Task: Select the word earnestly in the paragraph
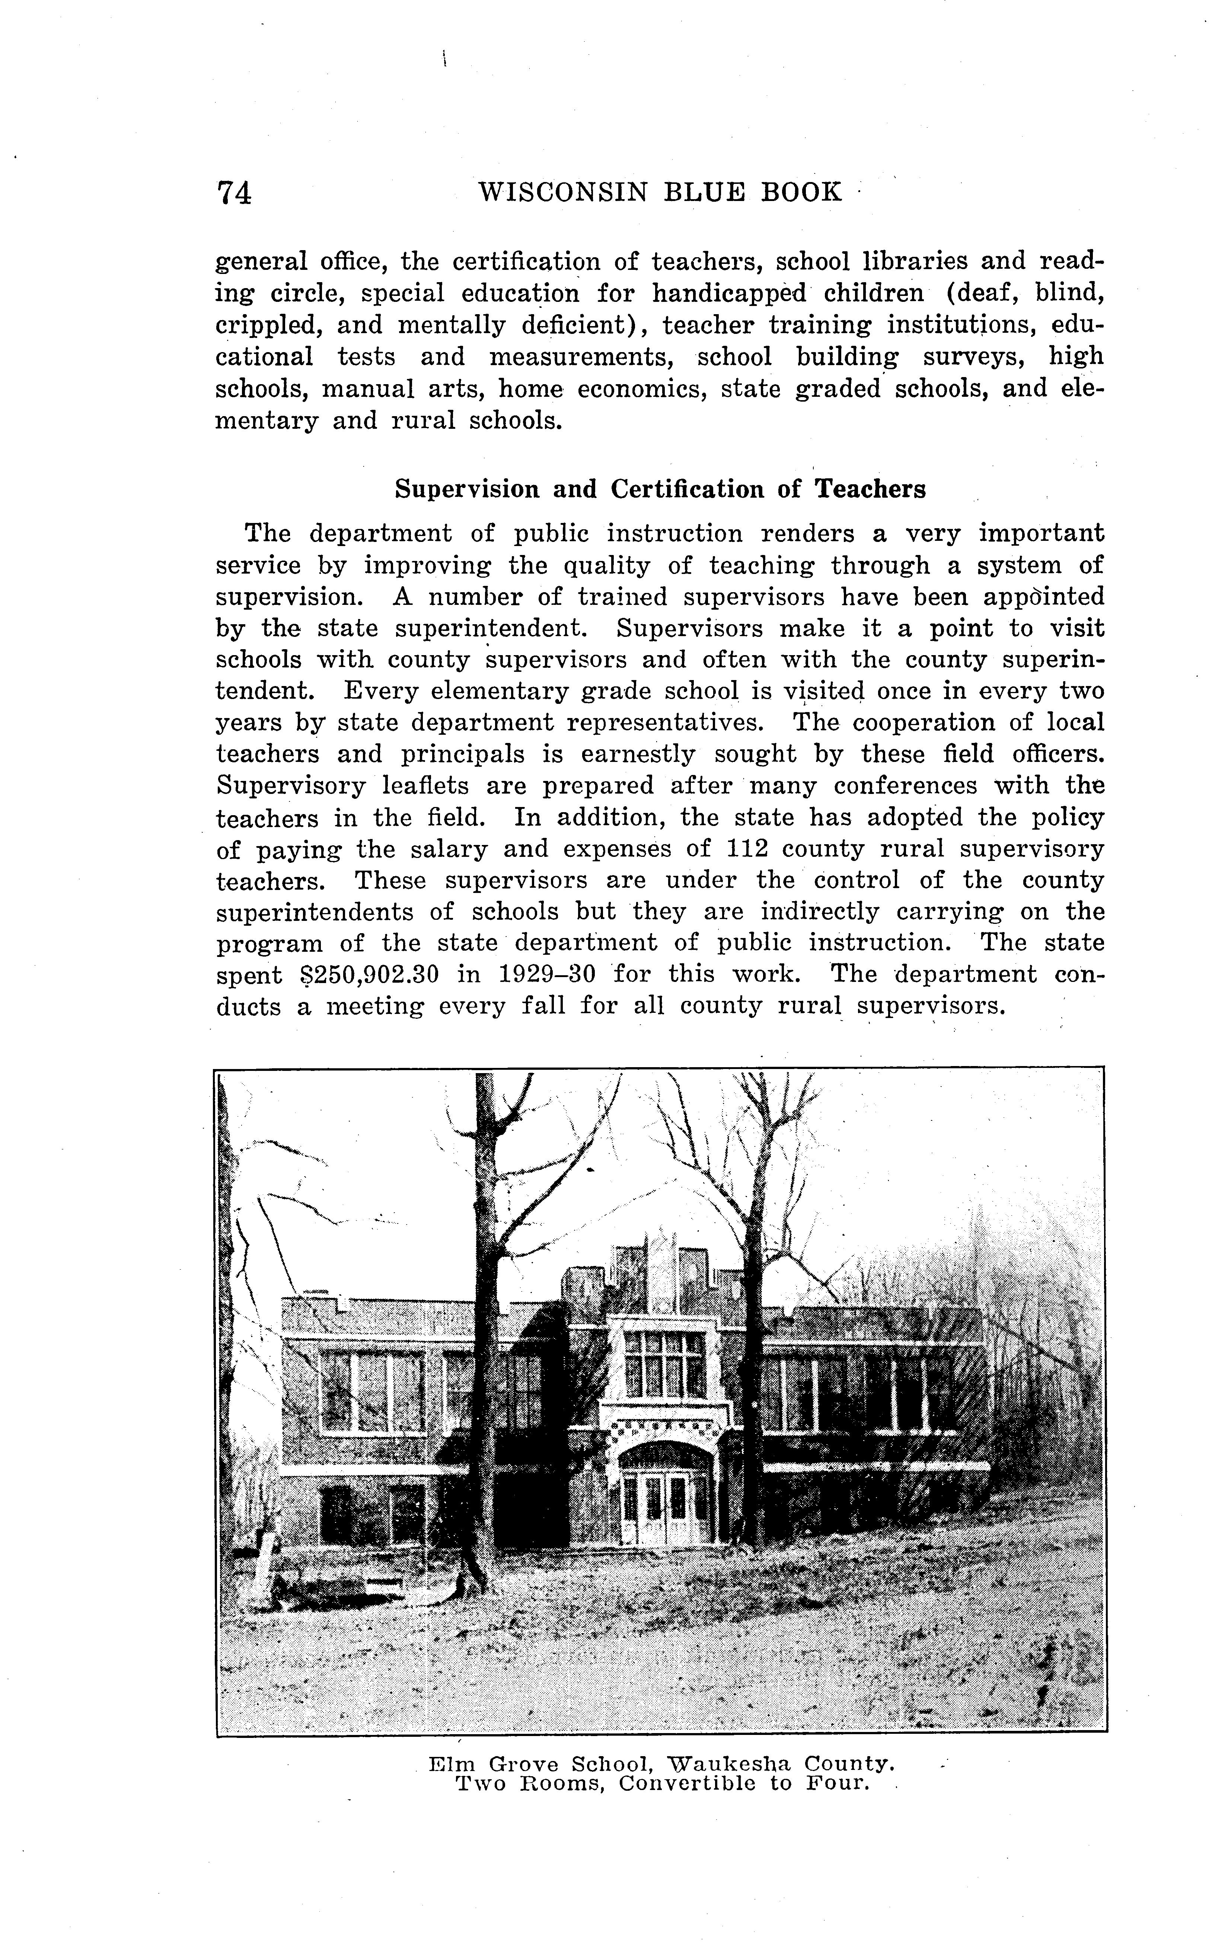pyautogui.click(x=638, y=754)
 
